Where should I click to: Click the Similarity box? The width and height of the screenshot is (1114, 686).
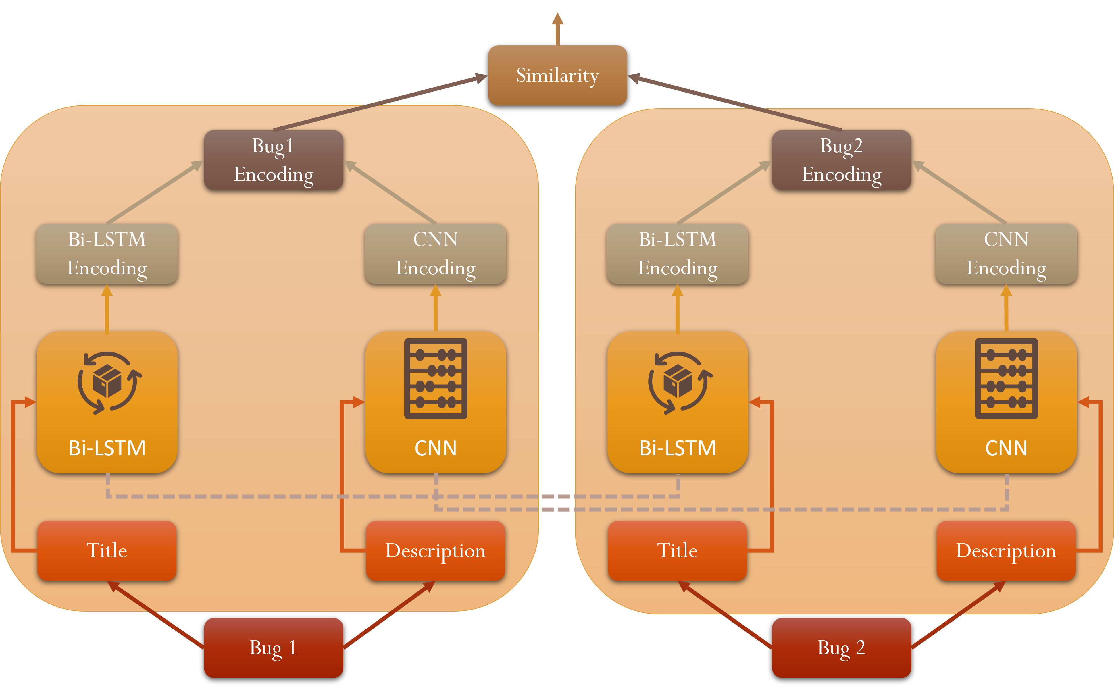coord(557,75)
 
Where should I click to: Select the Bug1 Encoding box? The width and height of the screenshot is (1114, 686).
coord(273,160)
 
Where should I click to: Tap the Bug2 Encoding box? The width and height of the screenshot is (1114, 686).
coord(841,160)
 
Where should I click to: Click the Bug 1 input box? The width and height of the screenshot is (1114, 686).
coord(273,648)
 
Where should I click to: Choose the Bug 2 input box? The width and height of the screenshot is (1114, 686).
coord(841,648)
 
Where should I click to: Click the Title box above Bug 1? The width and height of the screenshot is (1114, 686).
coord(107,550)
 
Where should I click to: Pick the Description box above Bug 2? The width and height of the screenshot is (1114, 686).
coord(1006,550)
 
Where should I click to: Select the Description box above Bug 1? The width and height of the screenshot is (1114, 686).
coord(435,550)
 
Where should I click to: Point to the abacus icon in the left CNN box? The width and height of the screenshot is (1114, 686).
coord(436,378)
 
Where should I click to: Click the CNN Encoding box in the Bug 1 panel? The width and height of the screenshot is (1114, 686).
coord(436,254)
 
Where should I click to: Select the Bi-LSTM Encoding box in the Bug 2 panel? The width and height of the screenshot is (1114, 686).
coord(678,254)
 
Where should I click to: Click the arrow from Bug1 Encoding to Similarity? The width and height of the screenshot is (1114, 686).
coord(381,103)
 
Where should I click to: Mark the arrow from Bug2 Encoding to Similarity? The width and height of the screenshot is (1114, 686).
coord(735,103)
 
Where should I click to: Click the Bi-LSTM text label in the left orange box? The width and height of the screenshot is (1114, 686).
coord(107,448)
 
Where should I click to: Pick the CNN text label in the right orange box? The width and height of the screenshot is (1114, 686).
coord(1006,448)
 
